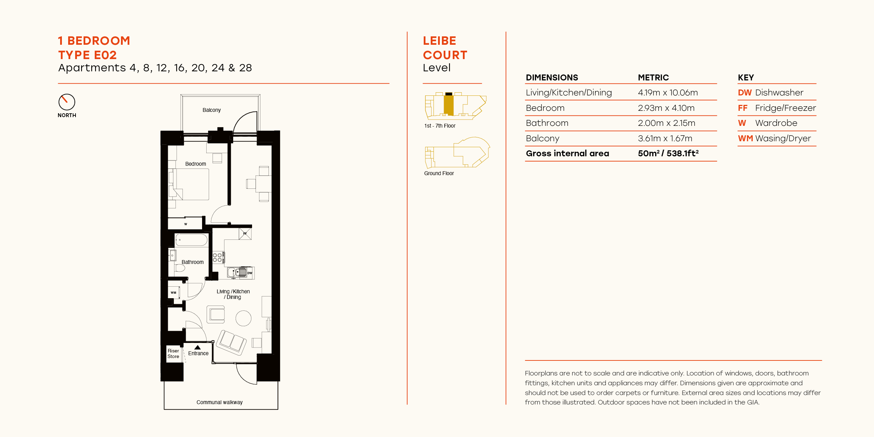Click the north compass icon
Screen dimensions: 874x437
pos(67,102)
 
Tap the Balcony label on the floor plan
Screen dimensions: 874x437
pos(212,110)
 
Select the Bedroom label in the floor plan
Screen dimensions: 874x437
pos(195,164)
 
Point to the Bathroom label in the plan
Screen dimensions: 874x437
pos(192,262)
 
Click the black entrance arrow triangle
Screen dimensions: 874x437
pos(198,348)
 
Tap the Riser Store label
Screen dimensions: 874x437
pos(173,353)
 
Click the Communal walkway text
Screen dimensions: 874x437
pos(220,402)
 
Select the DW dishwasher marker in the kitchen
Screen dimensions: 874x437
pos(250,273)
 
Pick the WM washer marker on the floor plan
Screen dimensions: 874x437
pos(173,293)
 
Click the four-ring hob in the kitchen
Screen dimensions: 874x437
pos(217,258)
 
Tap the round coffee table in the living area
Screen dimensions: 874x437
pos(243,318)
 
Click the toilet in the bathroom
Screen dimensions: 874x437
pos(180,268)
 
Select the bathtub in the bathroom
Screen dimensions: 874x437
pos(191,240)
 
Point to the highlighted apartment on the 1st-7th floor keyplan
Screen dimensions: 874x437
pos(449,105)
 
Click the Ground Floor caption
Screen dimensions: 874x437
pos(439,173)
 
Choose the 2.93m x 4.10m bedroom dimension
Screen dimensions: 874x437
pos(666,108)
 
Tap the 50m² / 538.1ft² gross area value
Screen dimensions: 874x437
pos(668,153)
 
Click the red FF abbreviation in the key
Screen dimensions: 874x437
pos(743,108)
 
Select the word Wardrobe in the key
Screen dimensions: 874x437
pos(776,123)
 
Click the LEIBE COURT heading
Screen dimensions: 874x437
pos(445,48)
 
